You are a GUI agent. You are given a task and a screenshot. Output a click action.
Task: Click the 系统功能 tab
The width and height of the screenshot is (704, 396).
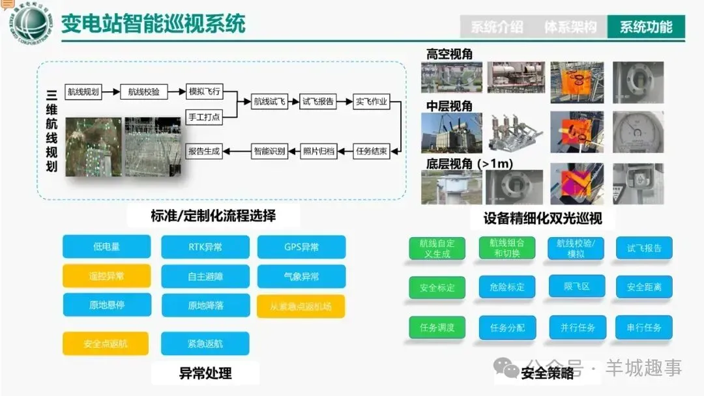tap(646, 27)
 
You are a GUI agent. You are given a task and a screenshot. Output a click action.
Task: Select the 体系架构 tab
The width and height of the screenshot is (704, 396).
tap(570, 27)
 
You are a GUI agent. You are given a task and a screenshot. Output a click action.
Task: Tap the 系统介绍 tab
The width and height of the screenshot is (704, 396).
tap(497, 27)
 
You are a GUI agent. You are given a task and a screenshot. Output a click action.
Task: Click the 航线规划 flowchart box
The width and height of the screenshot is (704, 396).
tap(83, 92)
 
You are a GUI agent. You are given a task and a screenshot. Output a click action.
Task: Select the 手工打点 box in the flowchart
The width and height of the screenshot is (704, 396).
tap(204, 117)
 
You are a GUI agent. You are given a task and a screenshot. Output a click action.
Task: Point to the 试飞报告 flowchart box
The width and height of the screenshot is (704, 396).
tap(318, 102)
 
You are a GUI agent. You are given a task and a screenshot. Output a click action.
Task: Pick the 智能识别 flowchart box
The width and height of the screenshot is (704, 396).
tap(269, 151)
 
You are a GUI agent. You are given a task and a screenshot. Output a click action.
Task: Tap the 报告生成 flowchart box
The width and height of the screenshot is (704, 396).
tap(204, 151)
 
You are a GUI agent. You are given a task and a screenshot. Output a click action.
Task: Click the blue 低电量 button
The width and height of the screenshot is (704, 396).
tap(107, 247)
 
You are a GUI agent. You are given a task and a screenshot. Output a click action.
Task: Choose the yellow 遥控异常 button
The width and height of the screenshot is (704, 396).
tap(107, 276)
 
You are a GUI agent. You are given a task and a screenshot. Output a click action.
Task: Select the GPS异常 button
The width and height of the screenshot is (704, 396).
tap(301, 247)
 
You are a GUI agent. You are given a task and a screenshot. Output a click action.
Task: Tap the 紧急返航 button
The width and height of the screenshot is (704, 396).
tap(205, 343)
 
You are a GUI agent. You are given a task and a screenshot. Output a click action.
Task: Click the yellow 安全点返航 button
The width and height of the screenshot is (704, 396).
tap(106, 343)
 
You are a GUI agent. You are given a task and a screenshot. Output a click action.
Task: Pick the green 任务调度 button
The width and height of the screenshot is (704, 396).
tap(437, 328)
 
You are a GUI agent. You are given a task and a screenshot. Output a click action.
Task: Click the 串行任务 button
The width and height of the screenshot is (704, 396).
tap(644, 328)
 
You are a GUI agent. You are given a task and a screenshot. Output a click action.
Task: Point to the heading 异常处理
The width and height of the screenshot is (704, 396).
tap(205, 373)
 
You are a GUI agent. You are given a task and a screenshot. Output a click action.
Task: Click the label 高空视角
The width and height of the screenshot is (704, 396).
tap(450, 54)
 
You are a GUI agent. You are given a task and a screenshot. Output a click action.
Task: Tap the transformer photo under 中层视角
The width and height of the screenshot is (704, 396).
tap(451, 133)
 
